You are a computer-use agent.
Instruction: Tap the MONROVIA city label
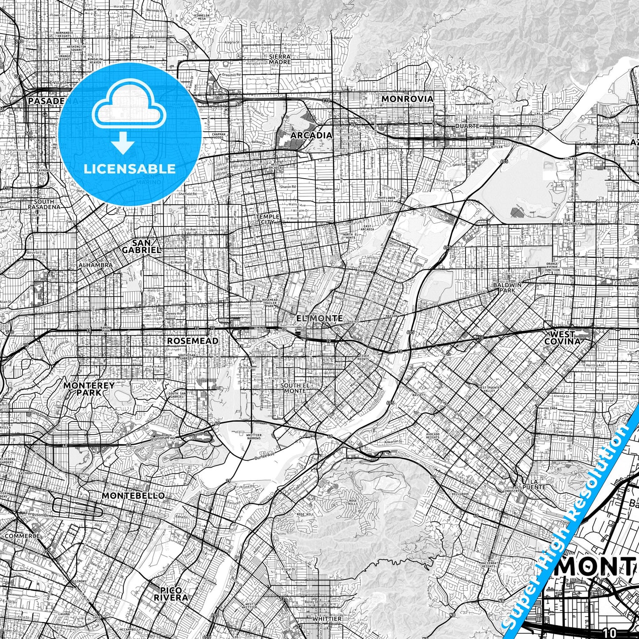coord(407,99)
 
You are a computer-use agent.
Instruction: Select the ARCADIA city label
coord(311,135)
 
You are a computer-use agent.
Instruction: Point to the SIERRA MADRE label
coord(280,59)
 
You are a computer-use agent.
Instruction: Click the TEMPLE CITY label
coord(268,219)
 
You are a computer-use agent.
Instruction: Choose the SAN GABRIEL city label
coord(141,246)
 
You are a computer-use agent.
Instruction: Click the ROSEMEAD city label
coord(192,341)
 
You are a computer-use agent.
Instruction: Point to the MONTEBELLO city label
coord(133,495)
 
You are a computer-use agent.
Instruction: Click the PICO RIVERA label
coord(171,593)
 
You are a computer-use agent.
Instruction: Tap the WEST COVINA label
coord(562,337)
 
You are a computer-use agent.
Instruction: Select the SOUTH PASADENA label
coord(44,204)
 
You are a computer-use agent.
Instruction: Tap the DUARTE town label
coord(467,126)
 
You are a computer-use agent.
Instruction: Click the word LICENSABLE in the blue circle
coord(130,169)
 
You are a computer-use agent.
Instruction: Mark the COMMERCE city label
coord(22,536)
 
